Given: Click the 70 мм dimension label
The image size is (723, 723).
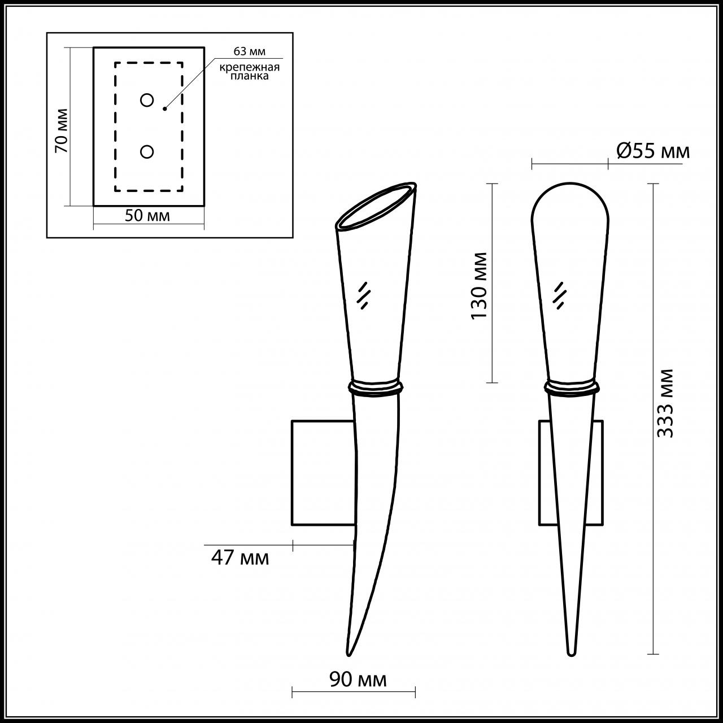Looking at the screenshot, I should (62, 130).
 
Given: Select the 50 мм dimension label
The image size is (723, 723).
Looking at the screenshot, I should (147, 216).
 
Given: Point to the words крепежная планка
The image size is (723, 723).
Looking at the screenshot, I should (250, 72).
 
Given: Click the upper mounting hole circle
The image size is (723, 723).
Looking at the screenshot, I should (147, 101).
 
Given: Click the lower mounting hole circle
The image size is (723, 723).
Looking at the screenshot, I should (147, 151).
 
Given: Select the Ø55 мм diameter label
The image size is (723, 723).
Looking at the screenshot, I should (653, 151).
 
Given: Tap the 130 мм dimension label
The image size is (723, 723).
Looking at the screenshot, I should (480, 285).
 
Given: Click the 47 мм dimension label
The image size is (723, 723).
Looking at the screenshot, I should (240, 558).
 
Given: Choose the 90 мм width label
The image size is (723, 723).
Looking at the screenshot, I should (358, 680).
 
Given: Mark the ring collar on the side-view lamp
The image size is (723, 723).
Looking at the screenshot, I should (376, 387).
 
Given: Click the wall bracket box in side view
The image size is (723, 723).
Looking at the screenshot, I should (323, 473).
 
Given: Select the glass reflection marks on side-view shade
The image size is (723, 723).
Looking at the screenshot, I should (364, 295).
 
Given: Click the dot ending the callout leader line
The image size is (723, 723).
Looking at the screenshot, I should (164, 108).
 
